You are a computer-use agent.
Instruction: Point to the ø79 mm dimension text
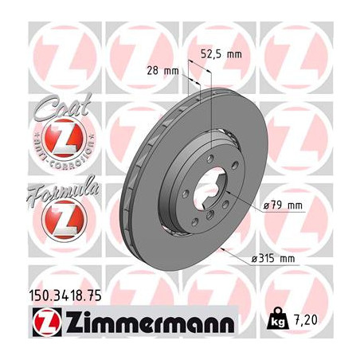(x=284, y=205)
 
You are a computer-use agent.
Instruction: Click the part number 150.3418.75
(x=65, y=298)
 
